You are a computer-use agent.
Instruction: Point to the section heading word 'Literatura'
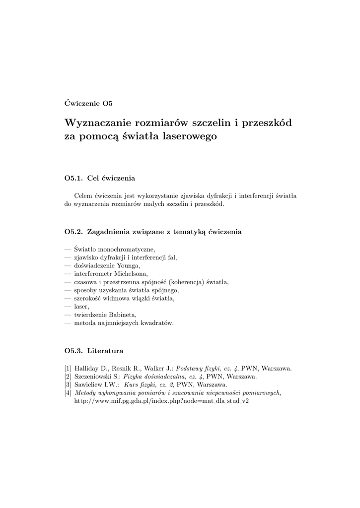pos(105,351)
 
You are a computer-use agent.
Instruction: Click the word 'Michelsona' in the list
pos(130,273)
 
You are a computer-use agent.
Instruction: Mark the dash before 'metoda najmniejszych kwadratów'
pos(68,323)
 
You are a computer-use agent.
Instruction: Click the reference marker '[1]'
pos(68,368)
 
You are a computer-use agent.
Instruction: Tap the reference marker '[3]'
pos(68,384)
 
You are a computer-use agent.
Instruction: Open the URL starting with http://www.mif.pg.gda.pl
pos(161,400)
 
